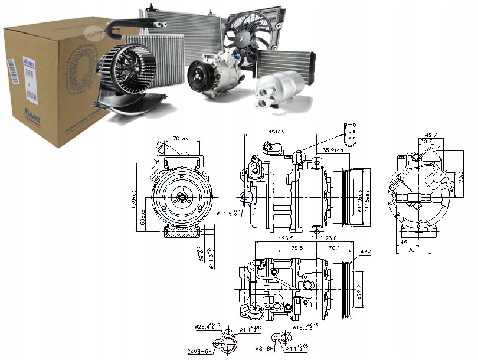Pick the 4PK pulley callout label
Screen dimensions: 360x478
[365, 252]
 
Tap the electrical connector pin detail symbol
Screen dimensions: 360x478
[349, 135]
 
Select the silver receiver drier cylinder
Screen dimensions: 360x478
[279, 90]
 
